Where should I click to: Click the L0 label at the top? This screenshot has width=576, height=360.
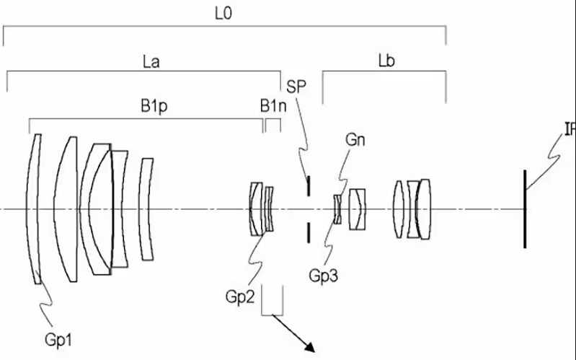click(x=223, y=13)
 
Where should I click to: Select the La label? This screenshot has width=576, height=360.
click(x=151, y=61)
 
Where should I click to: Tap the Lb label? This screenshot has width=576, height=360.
click(x=386, y=61)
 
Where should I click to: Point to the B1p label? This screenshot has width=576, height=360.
click(x=154, y=105)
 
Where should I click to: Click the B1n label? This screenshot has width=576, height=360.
click(x=272, y=105)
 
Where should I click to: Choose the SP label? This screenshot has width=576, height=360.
click(x=296, y=87)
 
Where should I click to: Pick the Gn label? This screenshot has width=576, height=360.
click(x=355, y=140)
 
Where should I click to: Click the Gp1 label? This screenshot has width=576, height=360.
click(x=60, y=337)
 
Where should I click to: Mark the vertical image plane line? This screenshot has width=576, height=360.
click(x=525, y=209)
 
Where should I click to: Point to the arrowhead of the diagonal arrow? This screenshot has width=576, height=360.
click(x=312, y=350)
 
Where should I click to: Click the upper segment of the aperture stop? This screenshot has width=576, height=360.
click(x=308, y=185)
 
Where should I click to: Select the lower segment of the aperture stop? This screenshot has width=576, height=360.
click(x=308, y=232)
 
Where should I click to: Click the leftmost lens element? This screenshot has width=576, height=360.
click(x=34, y=209)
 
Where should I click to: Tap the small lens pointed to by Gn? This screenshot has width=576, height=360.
click(x=337, y=209)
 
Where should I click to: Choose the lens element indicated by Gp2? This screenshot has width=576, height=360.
click(x=256, y=209)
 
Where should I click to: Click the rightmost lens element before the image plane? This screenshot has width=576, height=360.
click(x=425, y=209)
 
